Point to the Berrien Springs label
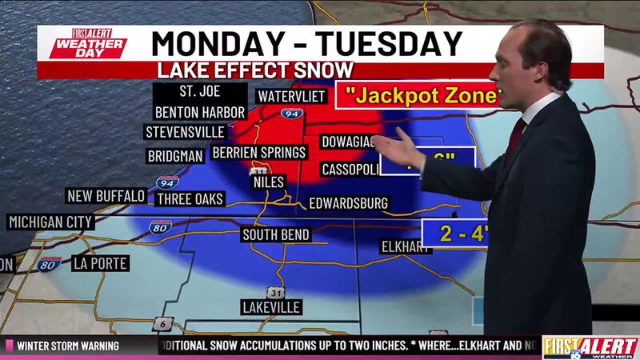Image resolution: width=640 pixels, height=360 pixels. click(x=258, y=152)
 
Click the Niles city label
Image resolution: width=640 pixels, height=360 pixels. click(x=269, y=182)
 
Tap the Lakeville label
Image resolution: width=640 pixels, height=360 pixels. click(x=270, y=307)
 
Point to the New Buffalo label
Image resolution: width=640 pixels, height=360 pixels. click(x=106, y=196)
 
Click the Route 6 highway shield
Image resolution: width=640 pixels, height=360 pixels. click(x=163, y=322)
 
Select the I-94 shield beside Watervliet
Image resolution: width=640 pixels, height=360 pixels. click(x=294, y=115)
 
